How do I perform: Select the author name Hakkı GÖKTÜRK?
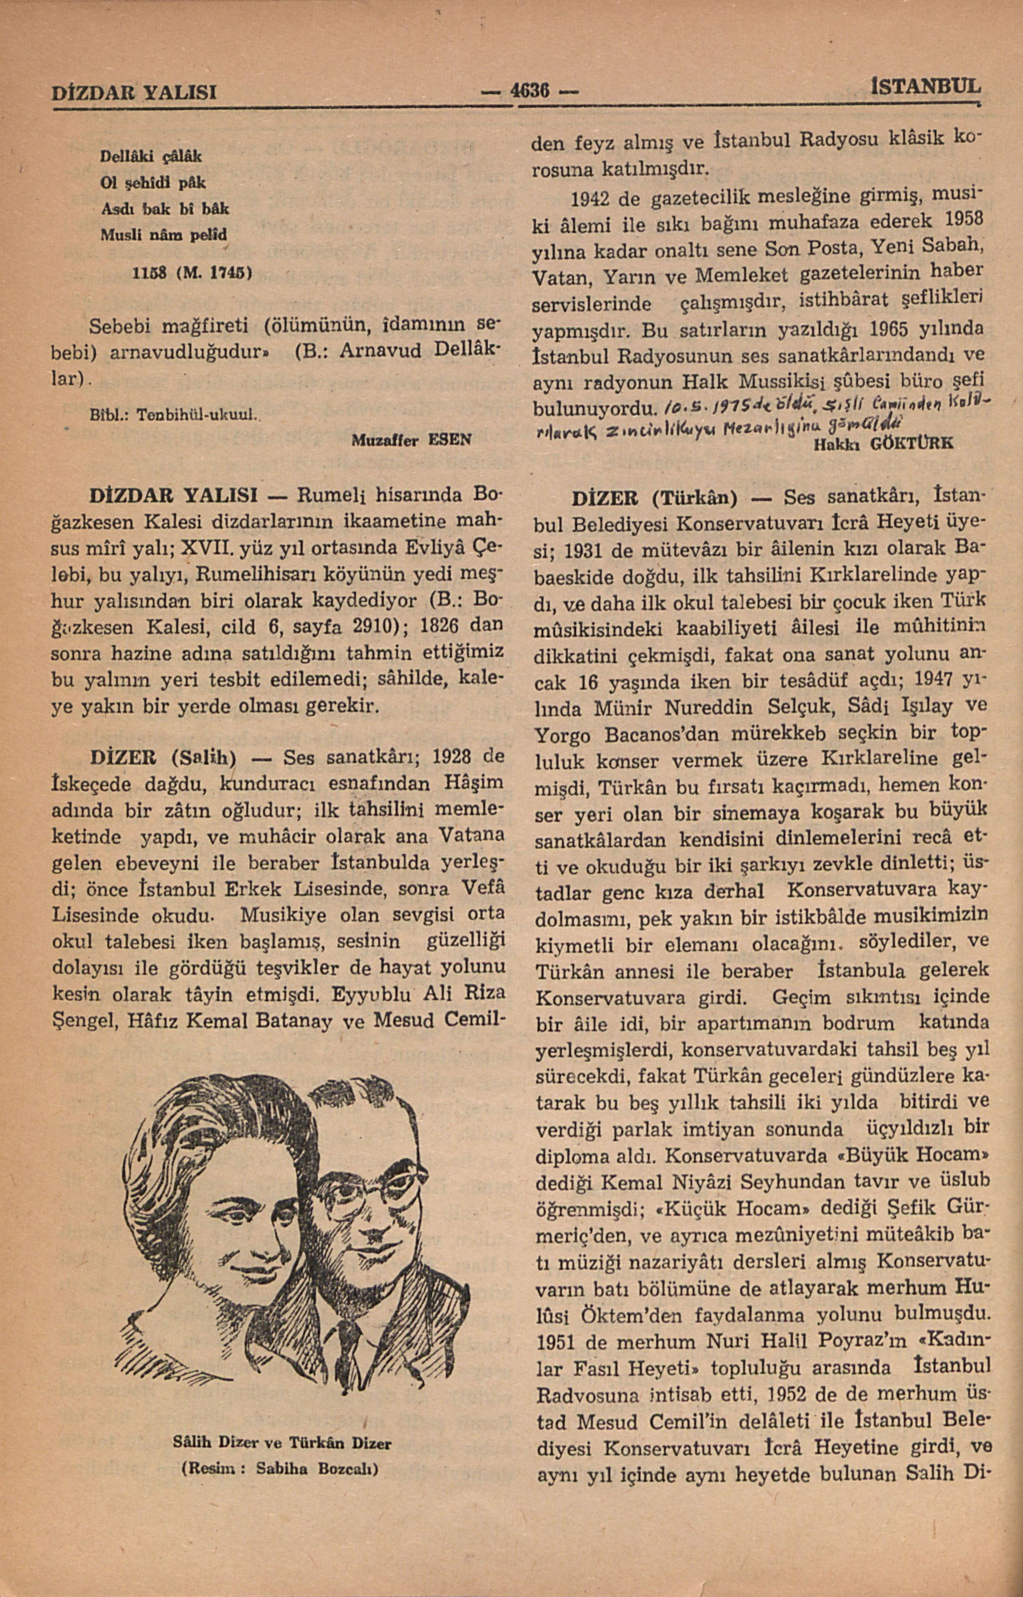coord(883,443)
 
